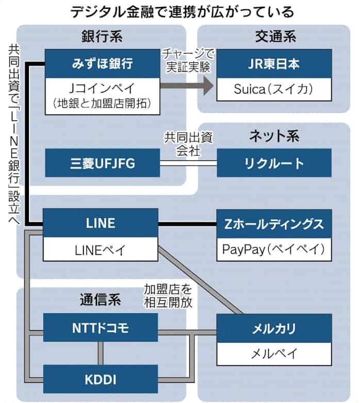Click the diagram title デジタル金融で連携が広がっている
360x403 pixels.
tap(179, 11)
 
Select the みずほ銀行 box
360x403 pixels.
tap(102, 63)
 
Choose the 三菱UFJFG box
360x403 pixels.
tap(102, 163)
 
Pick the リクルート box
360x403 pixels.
tap(273, 163)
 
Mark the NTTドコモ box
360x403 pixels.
tap(100, 328)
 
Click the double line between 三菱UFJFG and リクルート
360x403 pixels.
tap(188, 163)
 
